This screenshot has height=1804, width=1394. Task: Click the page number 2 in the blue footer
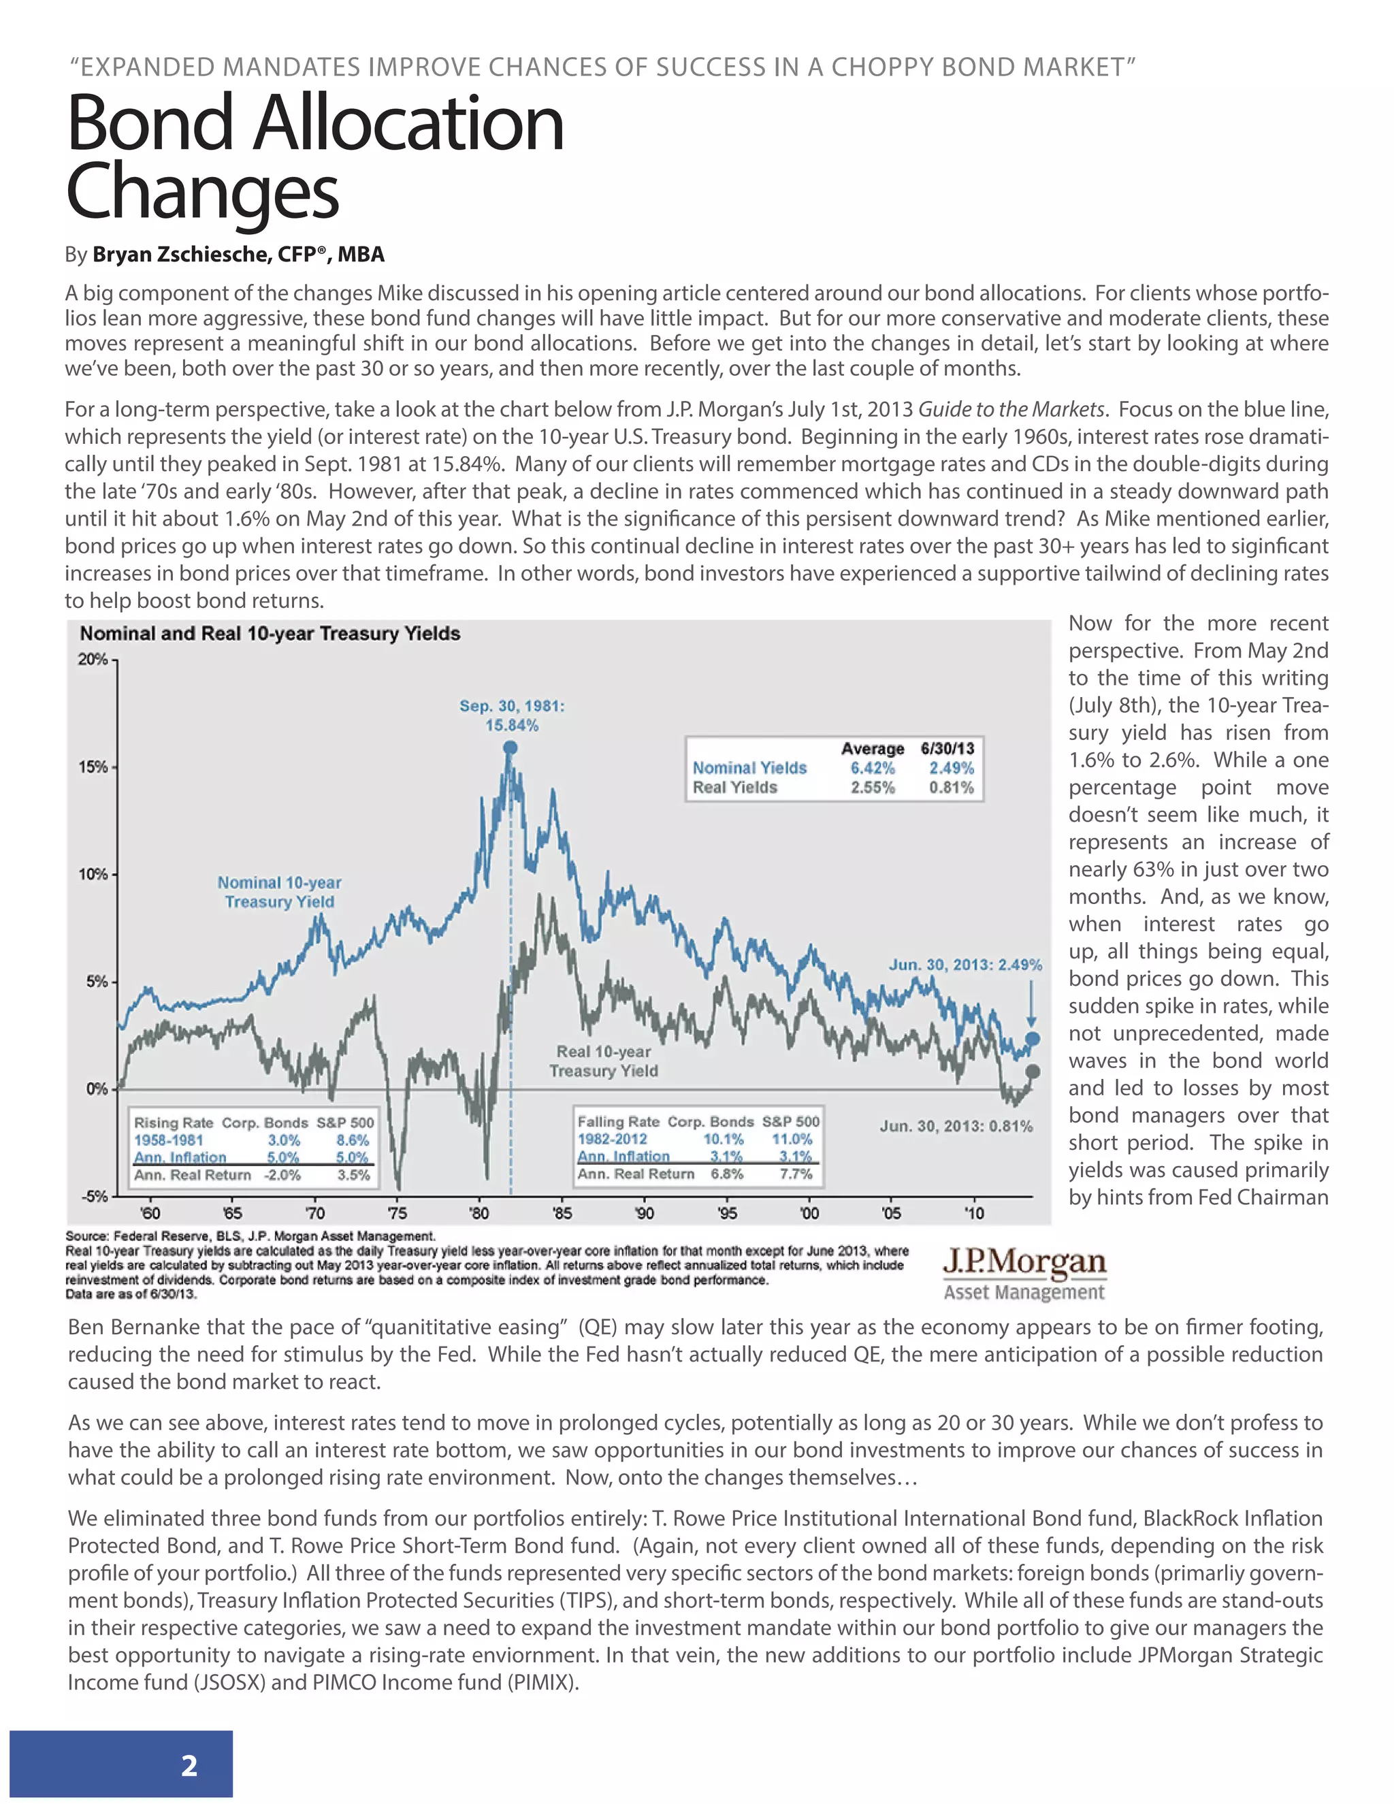189,1765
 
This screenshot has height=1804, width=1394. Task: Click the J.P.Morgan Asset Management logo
1024,1273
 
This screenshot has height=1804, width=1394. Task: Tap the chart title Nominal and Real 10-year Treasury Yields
270,634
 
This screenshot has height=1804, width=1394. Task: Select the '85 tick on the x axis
562,1213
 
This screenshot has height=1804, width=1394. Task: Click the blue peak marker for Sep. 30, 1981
510,747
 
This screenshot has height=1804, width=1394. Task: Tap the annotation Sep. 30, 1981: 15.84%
512,715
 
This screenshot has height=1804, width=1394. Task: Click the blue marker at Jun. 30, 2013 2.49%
1033,1038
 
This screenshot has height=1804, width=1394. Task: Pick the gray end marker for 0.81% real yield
1033,1072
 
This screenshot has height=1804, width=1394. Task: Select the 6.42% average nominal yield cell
873,767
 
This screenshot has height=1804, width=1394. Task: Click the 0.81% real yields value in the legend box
952,787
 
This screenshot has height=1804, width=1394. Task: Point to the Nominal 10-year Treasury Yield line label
279,892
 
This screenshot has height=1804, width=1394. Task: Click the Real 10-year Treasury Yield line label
604,1061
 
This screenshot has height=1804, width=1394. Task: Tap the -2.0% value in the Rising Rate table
282,1174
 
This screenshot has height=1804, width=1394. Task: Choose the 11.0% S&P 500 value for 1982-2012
791,1139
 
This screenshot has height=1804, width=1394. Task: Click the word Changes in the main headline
202,192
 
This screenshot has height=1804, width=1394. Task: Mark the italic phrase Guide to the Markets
1011,410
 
